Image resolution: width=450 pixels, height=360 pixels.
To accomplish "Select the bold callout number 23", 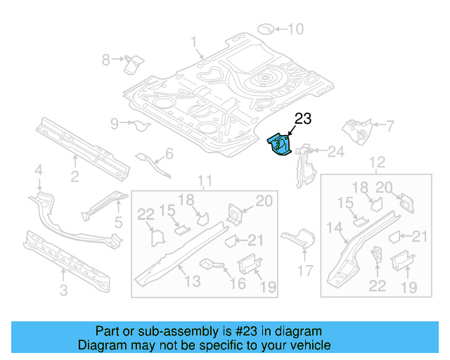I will pyautogui.click(x=302, y=120).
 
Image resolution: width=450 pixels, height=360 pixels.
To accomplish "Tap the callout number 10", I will pyautogui.click(x=295, y=29).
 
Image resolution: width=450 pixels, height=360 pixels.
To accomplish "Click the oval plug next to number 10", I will pyautogui.click(x=266, y=29).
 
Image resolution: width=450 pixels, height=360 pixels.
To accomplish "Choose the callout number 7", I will pyautogui.click(x=390, y=126).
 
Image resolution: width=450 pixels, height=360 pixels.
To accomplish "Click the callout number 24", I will pyautogui.click(x=336, y=150).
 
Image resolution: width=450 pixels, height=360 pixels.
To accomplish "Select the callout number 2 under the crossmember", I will pyautogui.click(x=74, y=176).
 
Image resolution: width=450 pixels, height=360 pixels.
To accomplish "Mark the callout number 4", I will pyautogui.click(x=39, y=169).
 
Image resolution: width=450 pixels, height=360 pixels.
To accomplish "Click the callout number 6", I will pyautogui.click(x=169, y=154).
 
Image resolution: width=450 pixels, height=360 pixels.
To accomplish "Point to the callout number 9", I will pyautogui.click(x=115, y=124).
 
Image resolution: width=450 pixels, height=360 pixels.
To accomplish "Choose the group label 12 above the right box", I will pyautogui.click(x=378, y=163).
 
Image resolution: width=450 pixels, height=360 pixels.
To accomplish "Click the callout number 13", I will pyautogui.click(x=191, y=282).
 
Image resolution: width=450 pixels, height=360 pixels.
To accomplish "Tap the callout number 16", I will pyautogui.click(x=238, y=283).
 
